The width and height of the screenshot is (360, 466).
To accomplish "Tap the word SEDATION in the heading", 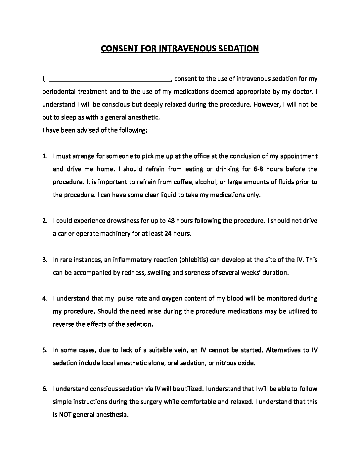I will click(x=238, y=49).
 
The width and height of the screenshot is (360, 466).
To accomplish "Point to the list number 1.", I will click(x=45, y=156).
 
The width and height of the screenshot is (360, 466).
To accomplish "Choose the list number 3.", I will click(x=45, y=259).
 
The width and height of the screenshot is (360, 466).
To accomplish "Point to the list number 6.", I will click(x=45, y=389).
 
